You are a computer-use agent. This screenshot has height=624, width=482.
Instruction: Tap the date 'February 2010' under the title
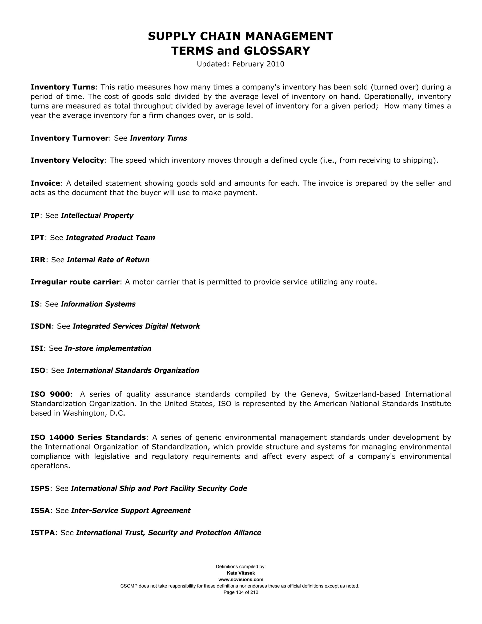[258, 64]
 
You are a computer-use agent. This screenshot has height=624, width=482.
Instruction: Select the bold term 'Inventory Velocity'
[67, 160]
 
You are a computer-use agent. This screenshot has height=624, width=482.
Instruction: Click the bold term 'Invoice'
[45, 183]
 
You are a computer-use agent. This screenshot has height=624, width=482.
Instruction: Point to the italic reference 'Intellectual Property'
[97, 215]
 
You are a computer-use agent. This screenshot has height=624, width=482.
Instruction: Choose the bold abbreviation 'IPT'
[37, 238]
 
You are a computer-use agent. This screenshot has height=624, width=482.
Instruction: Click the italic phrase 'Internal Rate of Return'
[108, 260]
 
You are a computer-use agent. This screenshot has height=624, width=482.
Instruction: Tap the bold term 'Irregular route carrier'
[75, 282]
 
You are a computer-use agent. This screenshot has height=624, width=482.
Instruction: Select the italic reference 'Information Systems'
[98, 304]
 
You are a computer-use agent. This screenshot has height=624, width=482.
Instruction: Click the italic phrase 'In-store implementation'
[108, 348]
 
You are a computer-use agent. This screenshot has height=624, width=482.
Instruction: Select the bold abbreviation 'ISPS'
[40, 489]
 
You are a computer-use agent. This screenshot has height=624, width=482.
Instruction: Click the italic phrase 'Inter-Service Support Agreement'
[130, 511]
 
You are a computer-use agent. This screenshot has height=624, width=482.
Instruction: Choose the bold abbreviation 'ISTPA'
[43, 533]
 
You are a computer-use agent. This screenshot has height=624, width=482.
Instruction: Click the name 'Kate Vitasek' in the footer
[241, 573]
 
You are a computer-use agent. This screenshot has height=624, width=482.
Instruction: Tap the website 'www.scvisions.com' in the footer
[241, 579]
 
